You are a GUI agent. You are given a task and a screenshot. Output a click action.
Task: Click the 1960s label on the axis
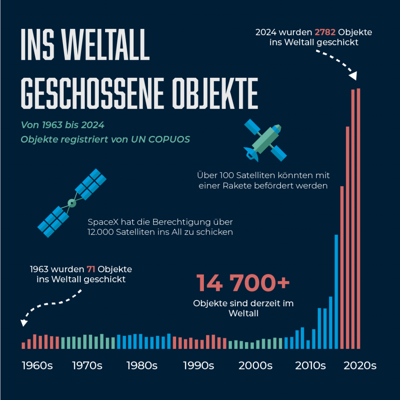point(37,366)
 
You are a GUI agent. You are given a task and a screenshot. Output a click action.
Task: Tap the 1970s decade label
point(87,366)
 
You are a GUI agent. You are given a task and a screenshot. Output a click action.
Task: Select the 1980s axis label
point(142,366)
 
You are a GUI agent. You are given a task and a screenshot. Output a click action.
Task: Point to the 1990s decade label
point(198,366)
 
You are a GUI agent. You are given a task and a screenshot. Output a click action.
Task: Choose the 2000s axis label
point(255,366)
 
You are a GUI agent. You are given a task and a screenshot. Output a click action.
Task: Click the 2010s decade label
point(311,366)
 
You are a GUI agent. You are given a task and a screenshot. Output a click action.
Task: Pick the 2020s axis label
point(360,366)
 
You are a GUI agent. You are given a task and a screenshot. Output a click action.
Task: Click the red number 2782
point(325,32)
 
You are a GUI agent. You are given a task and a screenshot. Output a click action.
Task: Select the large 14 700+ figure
point(243,283)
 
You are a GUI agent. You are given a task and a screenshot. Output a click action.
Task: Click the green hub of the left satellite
point(72,203)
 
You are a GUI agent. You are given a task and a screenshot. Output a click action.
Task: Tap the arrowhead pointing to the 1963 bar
point(24,323)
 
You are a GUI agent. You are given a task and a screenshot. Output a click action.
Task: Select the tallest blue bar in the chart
point(336,291)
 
